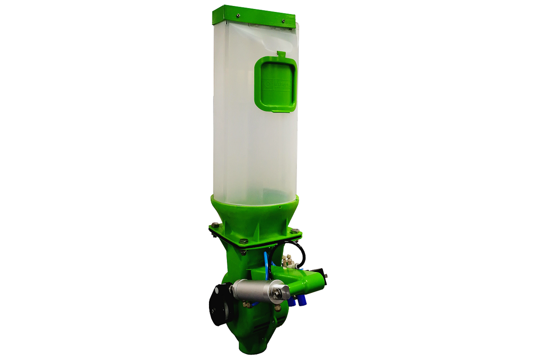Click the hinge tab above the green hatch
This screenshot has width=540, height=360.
pos(280,54)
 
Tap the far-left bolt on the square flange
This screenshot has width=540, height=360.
pos(214,225)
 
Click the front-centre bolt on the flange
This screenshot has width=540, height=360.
pos(243,241)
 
